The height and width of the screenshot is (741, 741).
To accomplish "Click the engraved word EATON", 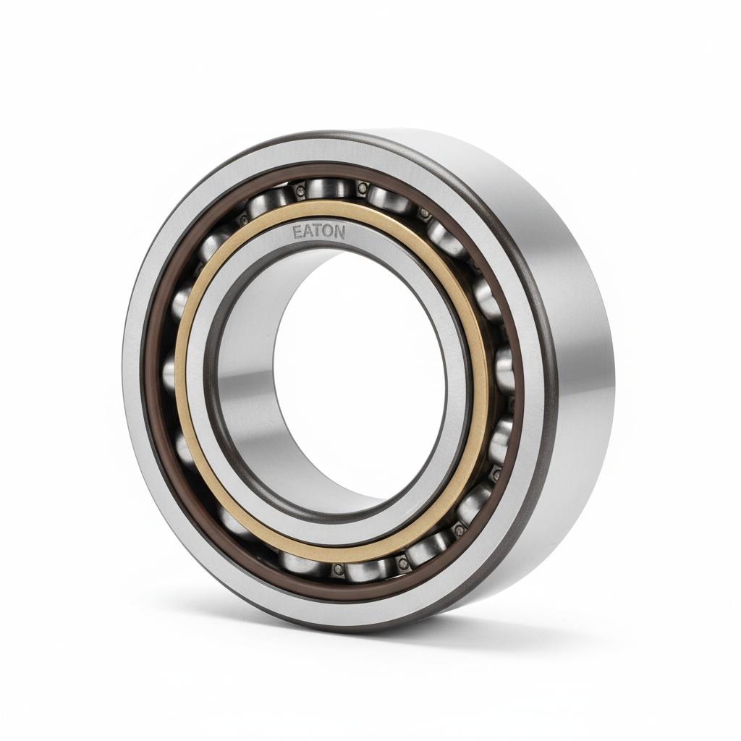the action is click(x=318, y=232).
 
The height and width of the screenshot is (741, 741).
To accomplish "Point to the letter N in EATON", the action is click(x=340, y=232).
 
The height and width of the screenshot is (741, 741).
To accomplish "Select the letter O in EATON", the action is click(x=329, y=232).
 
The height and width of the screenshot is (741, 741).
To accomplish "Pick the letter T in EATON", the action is click(x=319, y=232).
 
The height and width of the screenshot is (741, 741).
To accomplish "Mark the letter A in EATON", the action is click(x=308, y=232).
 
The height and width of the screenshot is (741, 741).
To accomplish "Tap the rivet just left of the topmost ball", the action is click(x=299, y=191).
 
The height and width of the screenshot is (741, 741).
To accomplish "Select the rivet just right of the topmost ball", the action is click(x=363, y=189).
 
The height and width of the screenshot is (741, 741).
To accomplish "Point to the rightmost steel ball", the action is click(x=504, y=369).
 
